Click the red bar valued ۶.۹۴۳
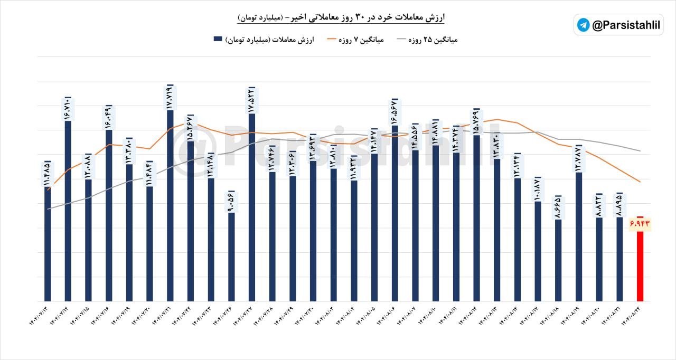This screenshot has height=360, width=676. point(640,264)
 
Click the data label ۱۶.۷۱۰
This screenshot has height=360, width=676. point(68,109)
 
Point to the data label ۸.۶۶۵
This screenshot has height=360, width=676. point(558,207)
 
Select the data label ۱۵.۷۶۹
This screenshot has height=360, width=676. point(476,122)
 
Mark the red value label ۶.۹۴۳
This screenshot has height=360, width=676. point(639,224)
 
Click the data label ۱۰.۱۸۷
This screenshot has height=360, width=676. point(538,189)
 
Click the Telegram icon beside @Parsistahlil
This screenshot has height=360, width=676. point(583,25)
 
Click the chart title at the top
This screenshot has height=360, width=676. point(341,17)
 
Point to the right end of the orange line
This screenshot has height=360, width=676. point(640,182)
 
